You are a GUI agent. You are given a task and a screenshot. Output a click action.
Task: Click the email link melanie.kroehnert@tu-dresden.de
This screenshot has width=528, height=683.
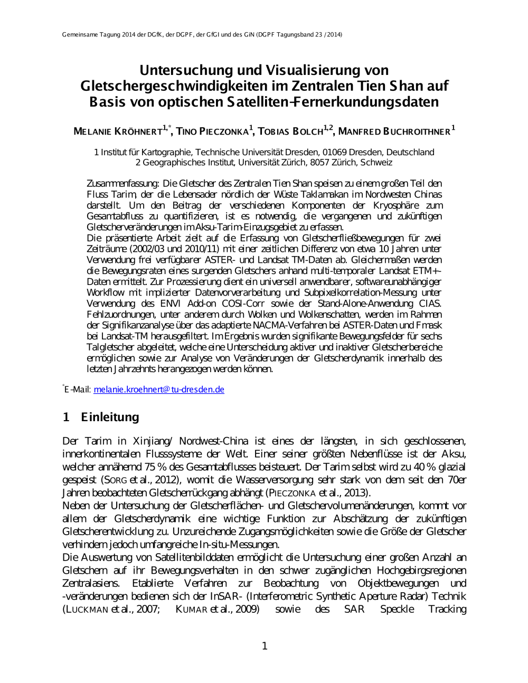(159, 390)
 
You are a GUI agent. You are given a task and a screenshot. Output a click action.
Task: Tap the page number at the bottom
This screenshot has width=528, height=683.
(265, 646)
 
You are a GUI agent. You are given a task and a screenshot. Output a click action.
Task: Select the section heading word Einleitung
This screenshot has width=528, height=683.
(110, 417)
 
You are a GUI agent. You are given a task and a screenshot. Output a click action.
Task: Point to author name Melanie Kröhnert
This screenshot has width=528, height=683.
(118, 131)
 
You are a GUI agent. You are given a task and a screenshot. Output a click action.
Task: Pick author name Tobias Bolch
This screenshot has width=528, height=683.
(290, 131)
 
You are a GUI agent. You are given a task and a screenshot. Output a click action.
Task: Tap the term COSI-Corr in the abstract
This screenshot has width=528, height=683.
(243, 303)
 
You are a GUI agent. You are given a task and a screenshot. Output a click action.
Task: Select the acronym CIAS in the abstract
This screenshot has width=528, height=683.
(430, 303)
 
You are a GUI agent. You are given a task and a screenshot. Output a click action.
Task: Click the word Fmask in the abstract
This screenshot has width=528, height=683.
(429, 325)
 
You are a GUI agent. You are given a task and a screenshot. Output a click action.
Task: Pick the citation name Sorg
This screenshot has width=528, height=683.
(115, 480)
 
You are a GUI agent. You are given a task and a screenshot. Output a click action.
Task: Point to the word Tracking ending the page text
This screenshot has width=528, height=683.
(447, 610)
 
